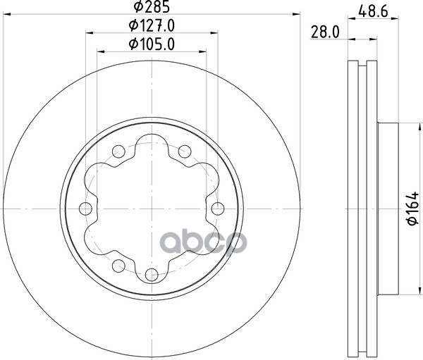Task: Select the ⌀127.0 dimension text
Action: (x=152, y=25)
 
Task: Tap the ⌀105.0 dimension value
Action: (x=152, y=44)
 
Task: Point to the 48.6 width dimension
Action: (x=373, y=11)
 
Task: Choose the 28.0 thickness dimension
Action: (x=325, y=32)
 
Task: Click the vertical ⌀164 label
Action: (x=412, y=208)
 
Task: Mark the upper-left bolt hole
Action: (x=118, y=151)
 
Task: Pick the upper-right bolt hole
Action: (x=185, y=151)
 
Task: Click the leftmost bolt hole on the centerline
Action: (x=85, y=209)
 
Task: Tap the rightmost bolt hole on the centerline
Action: (x=218, y=209)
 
